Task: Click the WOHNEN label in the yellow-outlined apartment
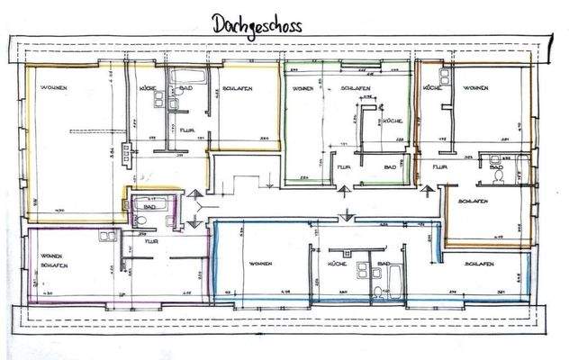(x=51, y=88)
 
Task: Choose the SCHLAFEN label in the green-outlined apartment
(x=358, y=88)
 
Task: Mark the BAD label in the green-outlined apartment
(x=390, y=167)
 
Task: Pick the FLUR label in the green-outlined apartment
(x=342, y=167)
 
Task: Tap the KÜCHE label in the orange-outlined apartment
(x=431, y=88)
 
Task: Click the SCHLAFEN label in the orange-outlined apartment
(x=473, y=201)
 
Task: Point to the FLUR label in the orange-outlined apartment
(x=440, y=167)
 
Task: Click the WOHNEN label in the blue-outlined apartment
(x=262, y=263)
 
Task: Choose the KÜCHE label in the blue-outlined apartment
(x=338, y=263)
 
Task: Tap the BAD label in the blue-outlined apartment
(x=384, y=263)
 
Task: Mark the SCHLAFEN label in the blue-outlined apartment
(x=479, y=263)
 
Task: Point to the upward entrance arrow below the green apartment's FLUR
(x=344, y=191)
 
